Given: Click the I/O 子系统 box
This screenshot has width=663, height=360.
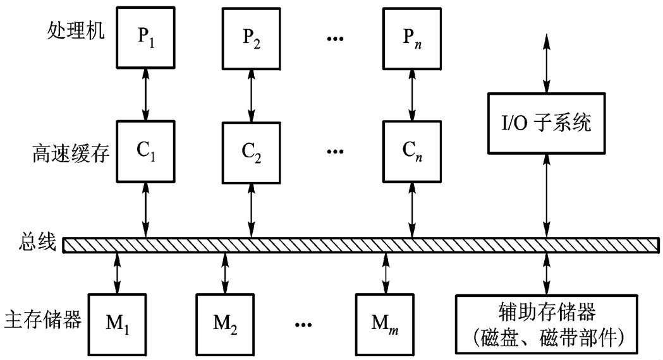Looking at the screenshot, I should coord(547,122).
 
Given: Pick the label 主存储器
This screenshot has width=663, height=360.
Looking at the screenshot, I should coord(42,319).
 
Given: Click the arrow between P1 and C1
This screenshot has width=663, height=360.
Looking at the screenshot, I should coord(146,95).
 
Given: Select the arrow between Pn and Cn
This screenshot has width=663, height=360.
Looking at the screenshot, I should coord(412,95).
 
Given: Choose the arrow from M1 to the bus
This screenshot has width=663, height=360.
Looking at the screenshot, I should coord(118,272).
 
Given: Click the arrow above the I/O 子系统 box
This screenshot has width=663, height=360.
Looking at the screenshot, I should coord(547,63).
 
